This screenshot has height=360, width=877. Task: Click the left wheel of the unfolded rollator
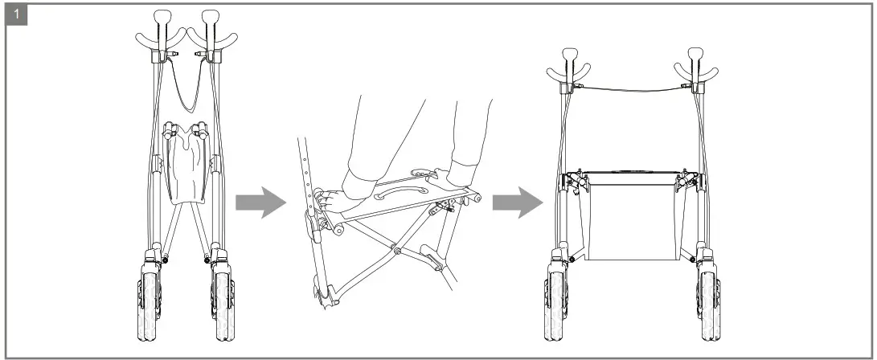(559, 305)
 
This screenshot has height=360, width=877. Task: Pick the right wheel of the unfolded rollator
(710, 305)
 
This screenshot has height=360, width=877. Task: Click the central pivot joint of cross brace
(397, 250)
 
